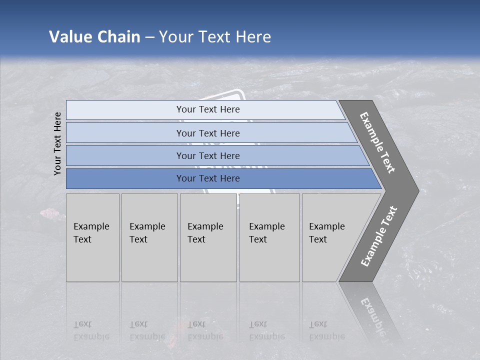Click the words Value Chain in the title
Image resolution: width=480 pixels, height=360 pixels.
pos(94,37)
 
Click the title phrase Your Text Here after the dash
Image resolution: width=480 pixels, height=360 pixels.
pos(215,37)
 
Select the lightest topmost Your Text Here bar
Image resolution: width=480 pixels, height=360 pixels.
pos(207,109)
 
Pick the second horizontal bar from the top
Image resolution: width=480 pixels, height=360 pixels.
pos(207,133)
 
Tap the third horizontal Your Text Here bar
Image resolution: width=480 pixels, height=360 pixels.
pos(207,155)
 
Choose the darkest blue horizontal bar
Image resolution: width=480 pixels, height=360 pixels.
pos(207,178)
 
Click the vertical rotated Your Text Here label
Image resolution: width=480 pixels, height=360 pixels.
pos(57,144)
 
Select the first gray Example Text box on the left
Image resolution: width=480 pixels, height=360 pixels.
pos(92,237)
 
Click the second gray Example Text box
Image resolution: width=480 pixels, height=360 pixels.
pos(149,237)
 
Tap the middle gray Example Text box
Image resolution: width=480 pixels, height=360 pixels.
pos(208,237)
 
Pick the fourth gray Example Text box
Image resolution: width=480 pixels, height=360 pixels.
pos(269,237)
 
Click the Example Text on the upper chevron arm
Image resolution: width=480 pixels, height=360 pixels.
pos(377,142)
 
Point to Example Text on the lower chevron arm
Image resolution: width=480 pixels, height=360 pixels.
pos(379,236)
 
